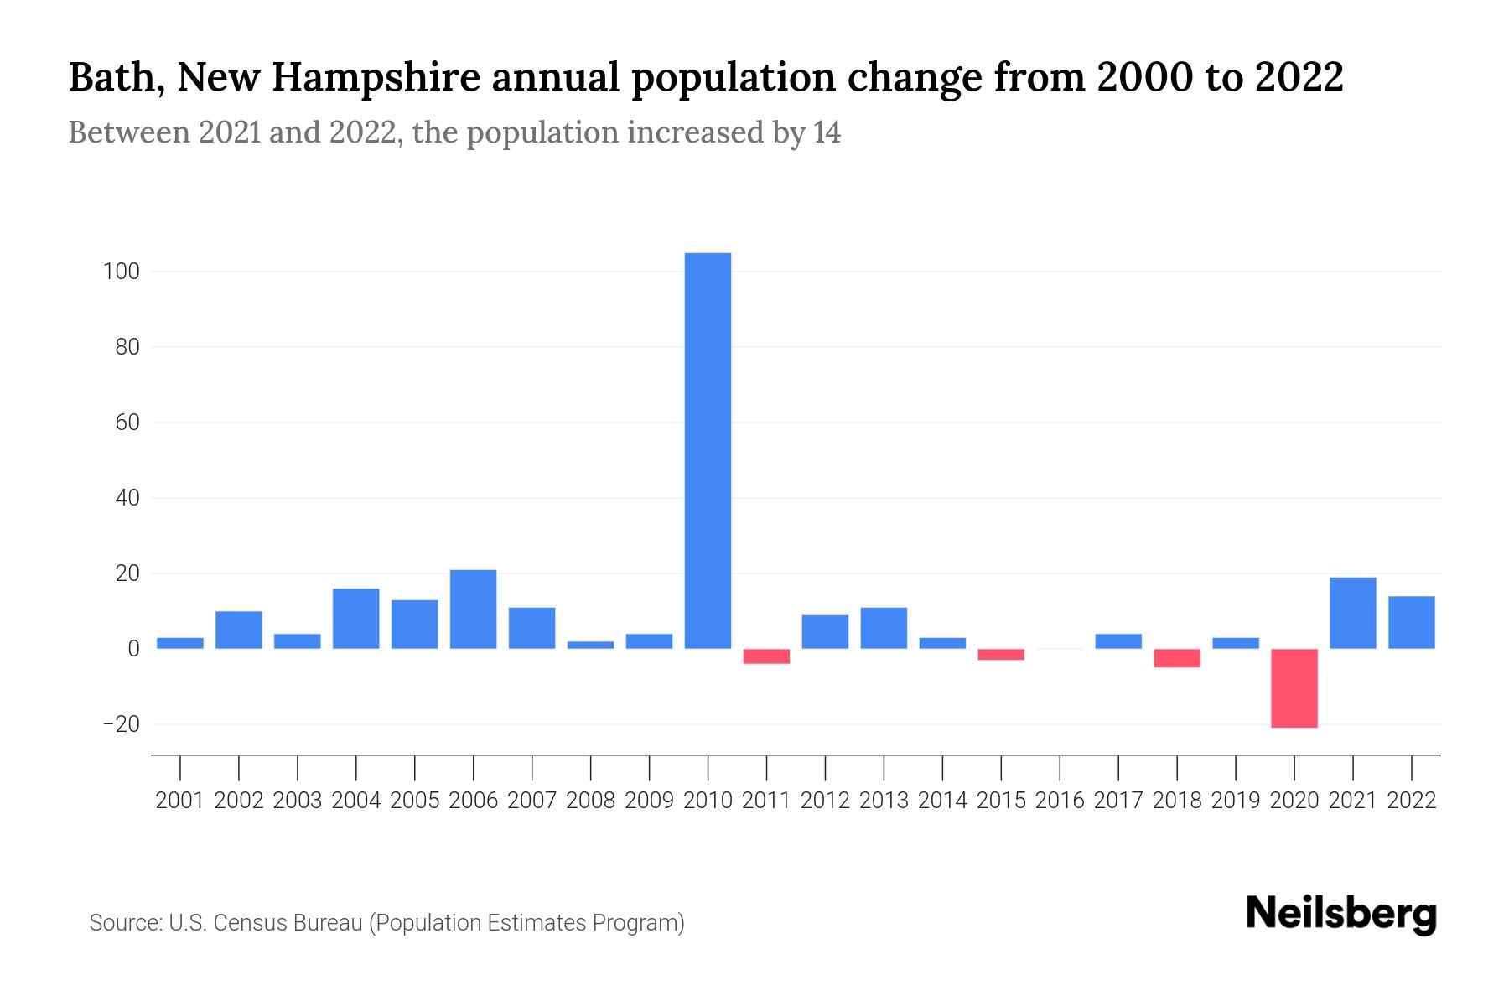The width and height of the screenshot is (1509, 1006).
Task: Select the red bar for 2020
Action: click(1294, 687)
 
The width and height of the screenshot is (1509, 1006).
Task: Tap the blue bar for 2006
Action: click(473, 609)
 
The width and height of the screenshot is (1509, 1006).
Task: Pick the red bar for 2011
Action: click(766, 656)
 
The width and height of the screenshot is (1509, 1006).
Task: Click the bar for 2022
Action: click(1411, 622)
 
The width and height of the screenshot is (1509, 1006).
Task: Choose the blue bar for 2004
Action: click(355, 619)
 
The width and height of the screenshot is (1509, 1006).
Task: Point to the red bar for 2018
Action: click(1176, 657)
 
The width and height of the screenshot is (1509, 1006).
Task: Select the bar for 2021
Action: click(1352, 613)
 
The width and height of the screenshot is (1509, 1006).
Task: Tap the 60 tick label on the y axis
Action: click(127, 423)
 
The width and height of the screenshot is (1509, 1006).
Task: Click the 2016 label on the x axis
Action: click(1060, 801)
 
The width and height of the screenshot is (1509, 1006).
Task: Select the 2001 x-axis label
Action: click(180, 801)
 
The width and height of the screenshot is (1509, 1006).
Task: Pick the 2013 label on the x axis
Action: click(884, 801)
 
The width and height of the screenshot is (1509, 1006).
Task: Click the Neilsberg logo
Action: click(1341, 913)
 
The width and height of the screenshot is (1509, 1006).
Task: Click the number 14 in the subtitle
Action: click(826, 132)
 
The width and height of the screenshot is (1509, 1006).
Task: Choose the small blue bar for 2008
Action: click(590, 645)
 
